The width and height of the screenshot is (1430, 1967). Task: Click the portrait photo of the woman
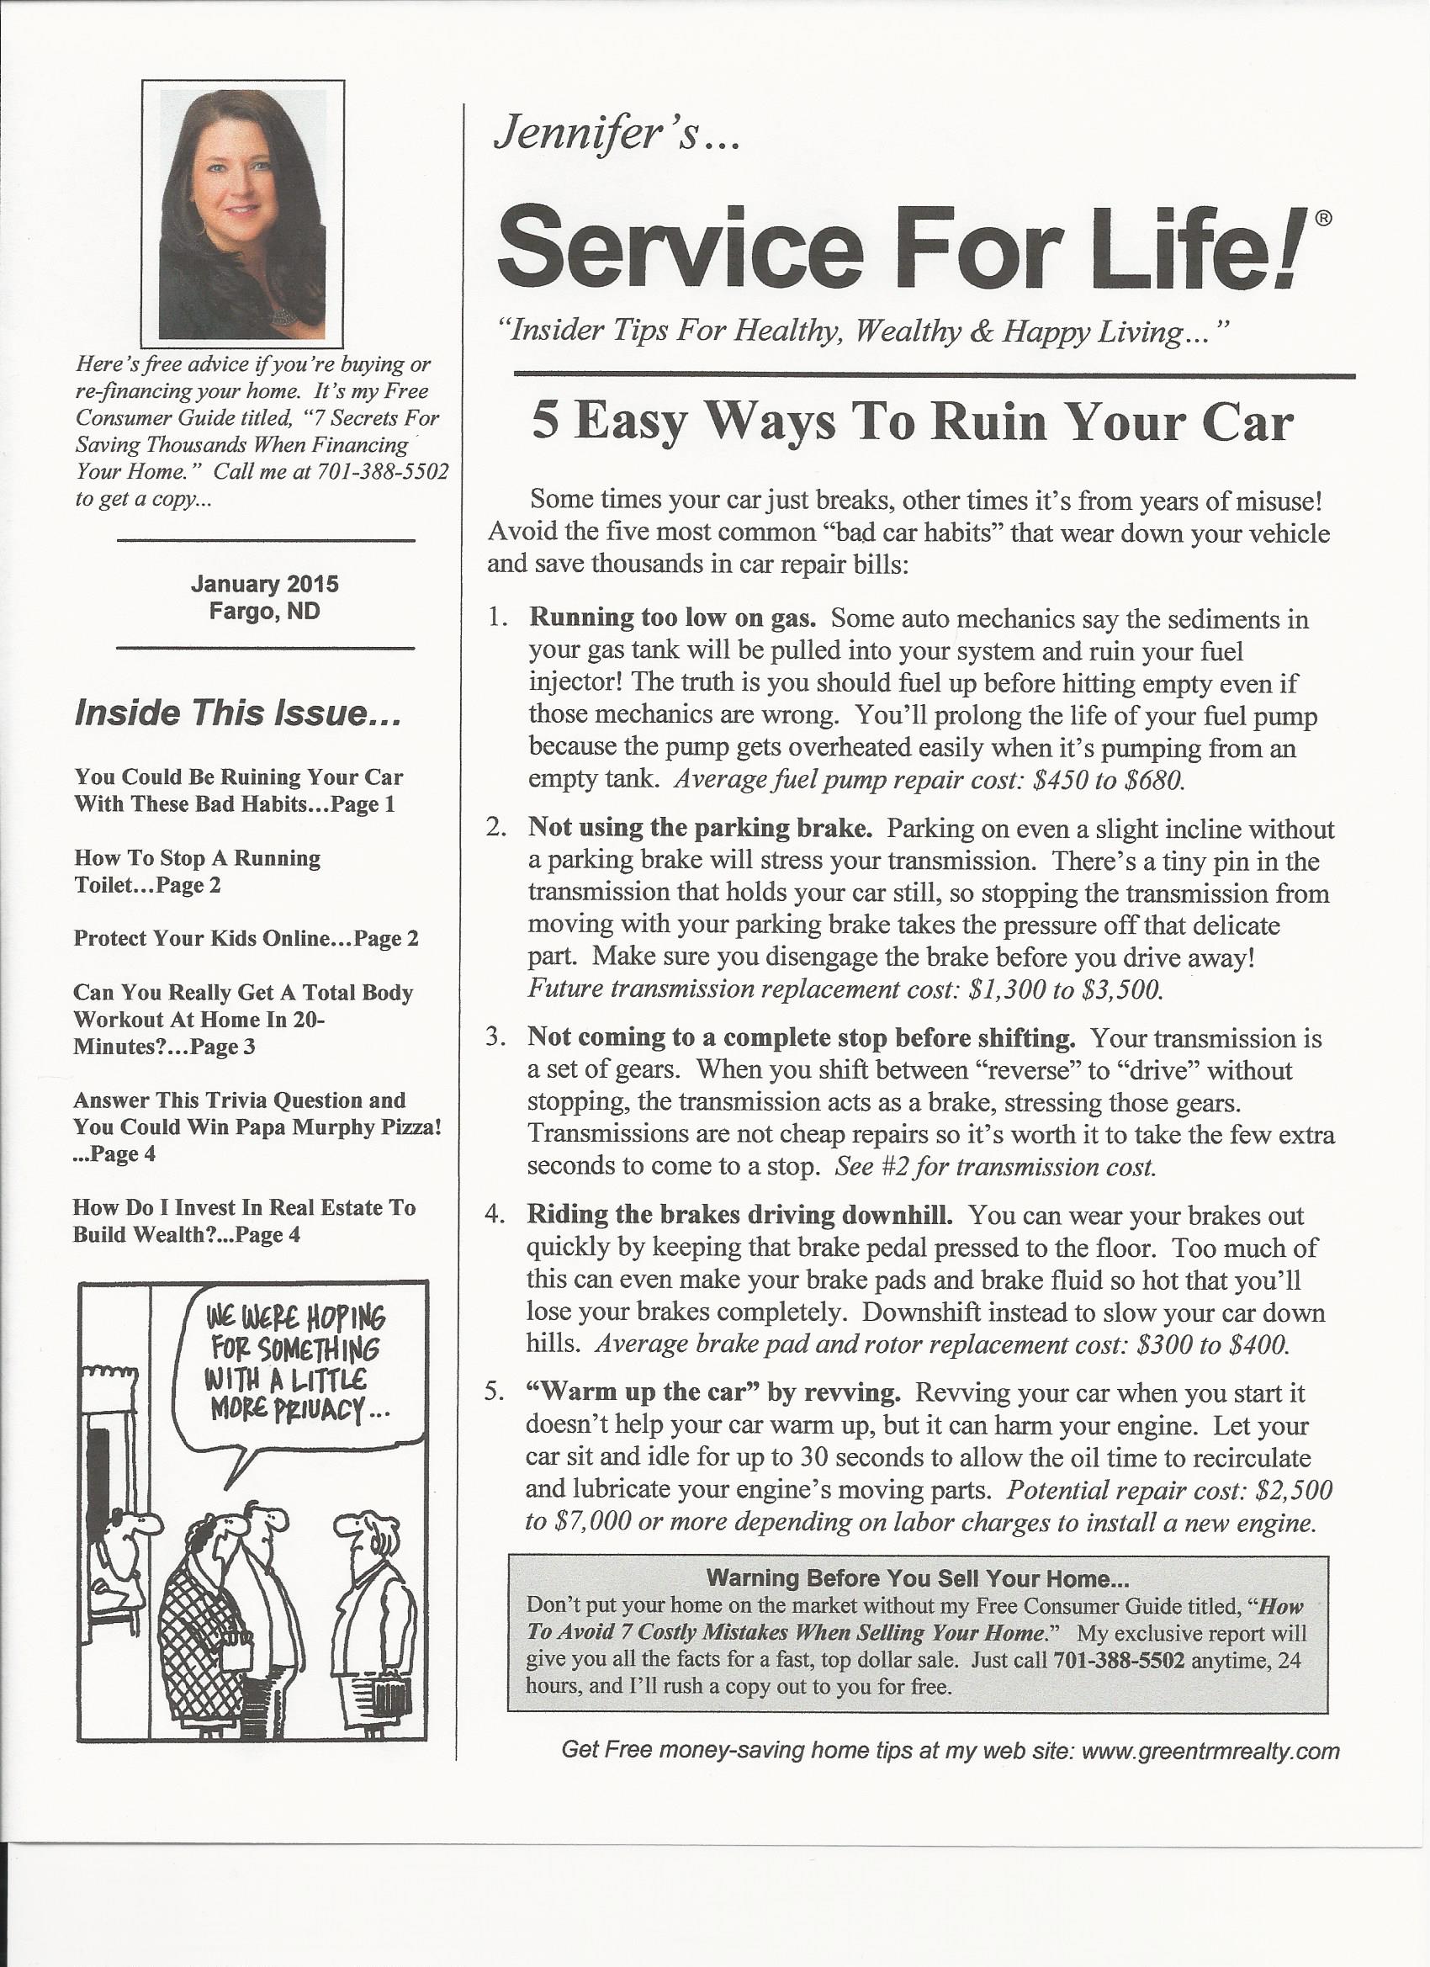[x=242, y=214]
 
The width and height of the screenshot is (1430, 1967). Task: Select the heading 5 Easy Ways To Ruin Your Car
[x=913, y=422]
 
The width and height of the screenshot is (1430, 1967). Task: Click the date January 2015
[x=264, y=584]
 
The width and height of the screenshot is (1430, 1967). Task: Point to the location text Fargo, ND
[x=264, y=612]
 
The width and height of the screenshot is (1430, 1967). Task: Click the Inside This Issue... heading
[x=237, y=713]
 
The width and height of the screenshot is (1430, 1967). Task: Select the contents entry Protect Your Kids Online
[x=246, y=938]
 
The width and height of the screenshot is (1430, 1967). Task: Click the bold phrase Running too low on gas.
[x=673, y=618]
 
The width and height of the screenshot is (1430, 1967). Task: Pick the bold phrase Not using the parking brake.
[x=700, y=827]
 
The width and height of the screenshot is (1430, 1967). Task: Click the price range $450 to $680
[x=1110, y=781]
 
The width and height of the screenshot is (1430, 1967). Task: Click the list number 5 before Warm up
[x=494, y=1392]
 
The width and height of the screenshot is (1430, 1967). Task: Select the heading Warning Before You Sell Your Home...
[x=917, y=1577]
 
